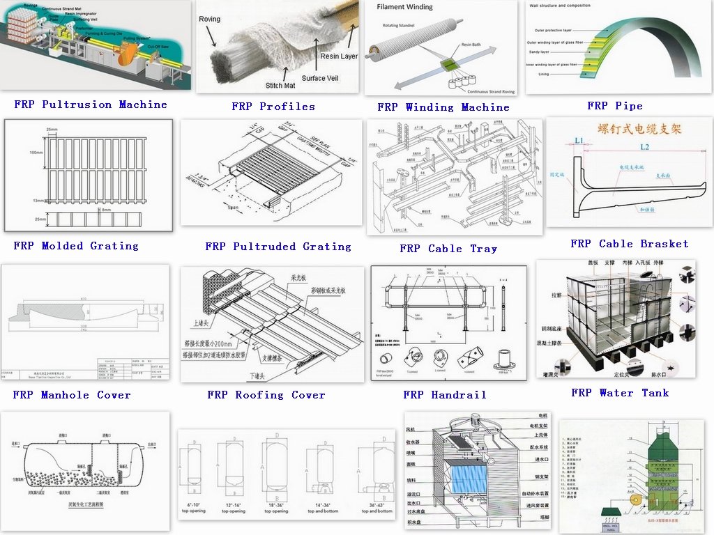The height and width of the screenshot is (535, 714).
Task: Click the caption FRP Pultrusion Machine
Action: click(91, 104)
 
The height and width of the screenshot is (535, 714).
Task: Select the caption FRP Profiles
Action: click(273, 107)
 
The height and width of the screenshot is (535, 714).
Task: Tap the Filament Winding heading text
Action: click(404, 7)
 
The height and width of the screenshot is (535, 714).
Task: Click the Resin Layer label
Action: click(339, 56)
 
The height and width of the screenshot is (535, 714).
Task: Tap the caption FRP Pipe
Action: click(615, 106)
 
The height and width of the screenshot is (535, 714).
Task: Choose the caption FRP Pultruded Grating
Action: click(278, 247)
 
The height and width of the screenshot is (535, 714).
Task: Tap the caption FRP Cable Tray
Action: click(448, 249)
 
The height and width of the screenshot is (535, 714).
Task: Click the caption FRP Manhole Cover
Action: click(72, 395)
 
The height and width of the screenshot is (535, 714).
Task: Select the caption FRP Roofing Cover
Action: click(266, 395)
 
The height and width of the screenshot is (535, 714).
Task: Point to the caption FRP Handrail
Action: click(445, 395)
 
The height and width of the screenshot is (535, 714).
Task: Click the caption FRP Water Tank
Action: click(620, 393)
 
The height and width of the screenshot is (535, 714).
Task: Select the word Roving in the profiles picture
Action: click(209, 20)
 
